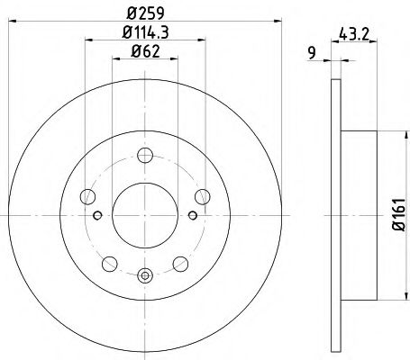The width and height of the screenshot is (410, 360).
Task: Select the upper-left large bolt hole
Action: pyautogui.click(x=87, y=195)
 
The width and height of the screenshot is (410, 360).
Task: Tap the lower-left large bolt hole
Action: pyautogui.click(x=108, y=263)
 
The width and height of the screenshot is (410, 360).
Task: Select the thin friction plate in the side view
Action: pyautogui.click(x=336, y=216)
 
